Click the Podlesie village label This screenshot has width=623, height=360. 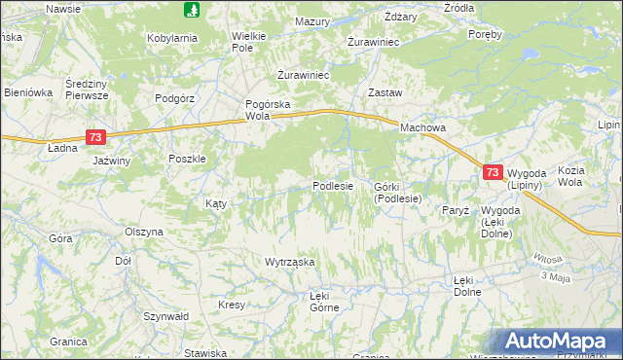[x=332, y=186]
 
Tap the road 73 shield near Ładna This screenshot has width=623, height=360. [x=94, y=138]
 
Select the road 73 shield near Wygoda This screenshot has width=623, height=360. [x=493, y=172]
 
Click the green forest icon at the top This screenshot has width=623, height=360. [x=192, y=10]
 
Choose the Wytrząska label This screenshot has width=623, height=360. [x=290, y=262]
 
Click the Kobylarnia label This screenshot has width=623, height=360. [x=172, y=38]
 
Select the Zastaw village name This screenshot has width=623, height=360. [x=384, y=92]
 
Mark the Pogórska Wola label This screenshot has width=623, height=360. [x=268, y=109]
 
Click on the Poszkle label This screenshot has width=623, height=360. [x=187, y=160]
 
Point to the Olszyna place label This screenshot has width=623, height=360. [x=144, y=233]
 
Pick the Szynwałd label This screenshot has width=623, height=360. [x=165, y=317]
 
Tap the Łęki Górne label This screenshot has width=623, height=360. [x=323, y=301]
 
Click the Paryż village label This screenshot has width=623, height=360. [x=456, y=210]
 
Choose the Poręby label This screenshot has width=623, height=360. [x=485, y=34]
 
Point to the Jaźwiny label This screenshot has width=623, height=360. [x=111, y=161]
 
